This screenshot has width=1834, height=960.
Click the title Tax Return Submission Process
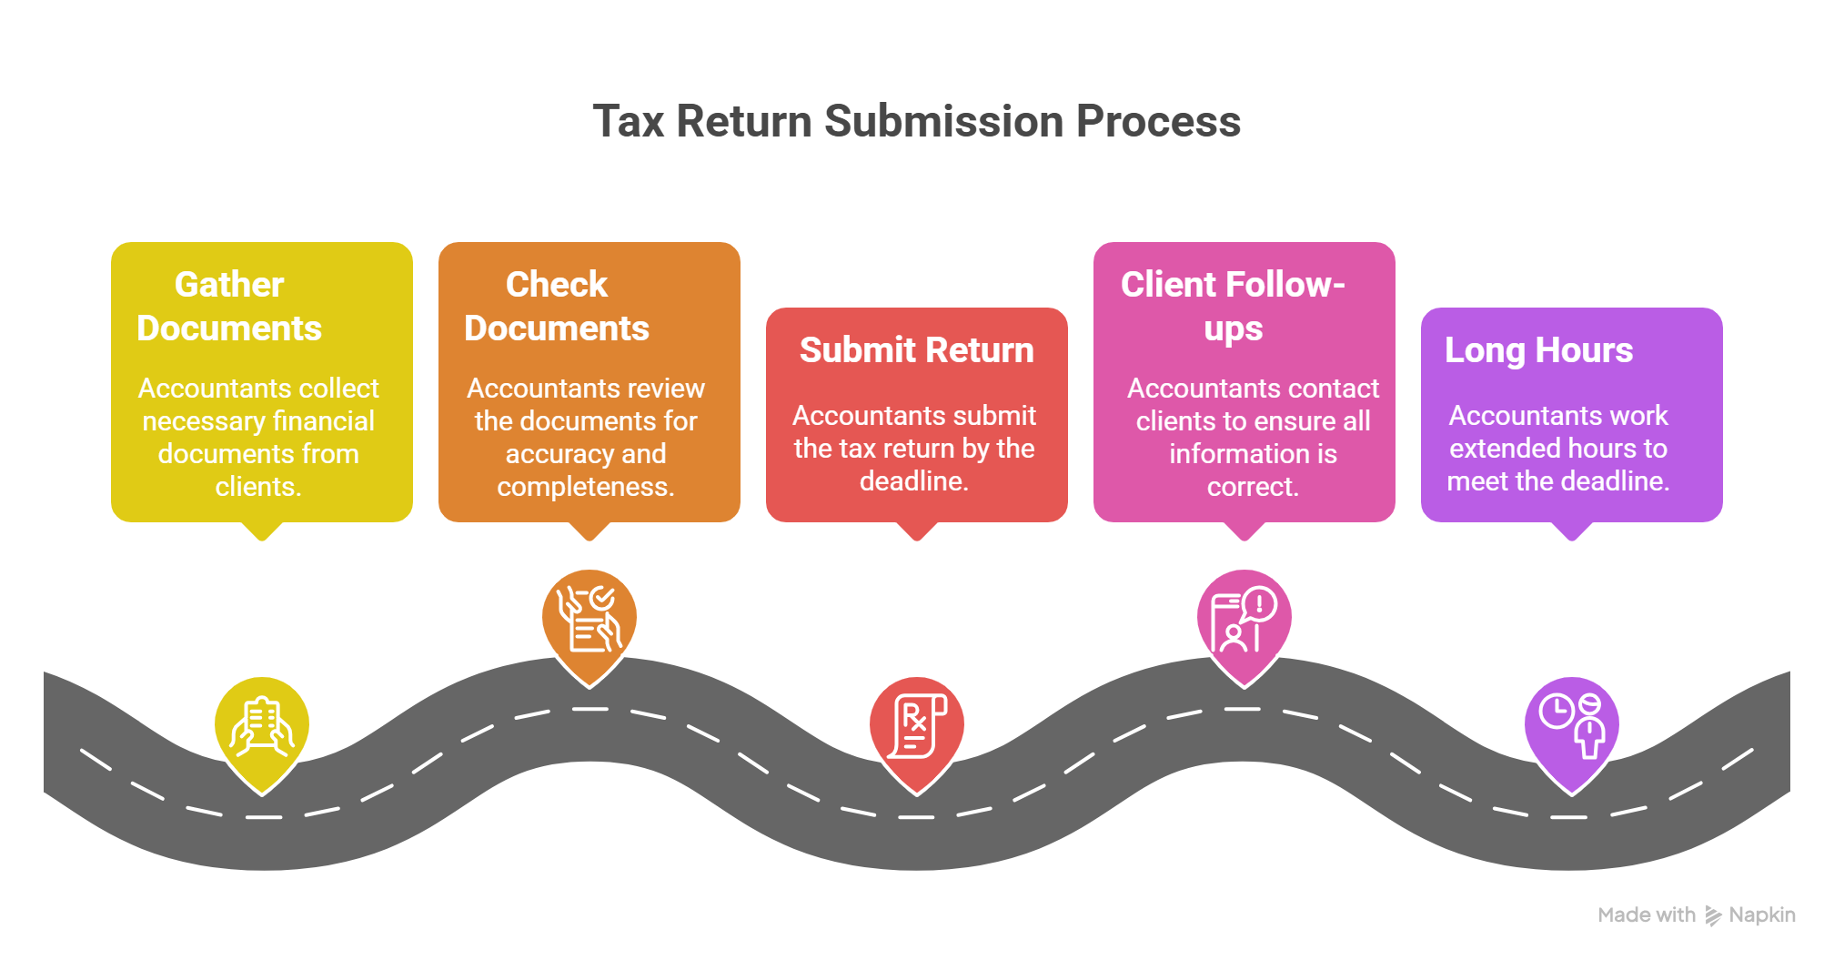click(x=916, y=121)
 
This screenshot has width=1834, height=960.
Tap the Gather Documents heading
click(x=229, y=306)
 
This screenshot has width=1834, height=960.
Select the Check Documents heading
click(x=557, y=306)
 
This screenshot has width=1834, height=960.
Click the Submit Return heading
click(x=916, y=350)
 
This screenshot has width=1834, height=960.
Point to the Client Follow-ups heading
click(x=1233, y=306)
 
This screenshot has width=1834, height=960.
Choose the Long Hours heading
click(x=1538, y=350)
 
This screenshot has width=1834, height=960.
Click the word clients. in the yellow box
click(x=258, y=487)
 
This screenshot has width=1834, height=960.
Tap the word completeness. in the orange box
click(x=586, y=487)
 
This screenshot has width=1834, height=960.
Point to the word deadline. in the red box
click(x=914, y=481)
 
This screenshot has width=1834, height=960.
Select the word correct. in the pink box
click(x=1253, y=487)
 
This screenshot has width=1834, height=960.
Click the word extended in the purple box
click(x=1497, y=449)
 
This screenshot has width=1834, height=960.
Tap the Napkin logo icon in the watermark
click(x=1713, y=915)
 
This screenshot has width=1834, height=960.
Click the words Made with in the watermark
click(x=1647, y=915)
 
